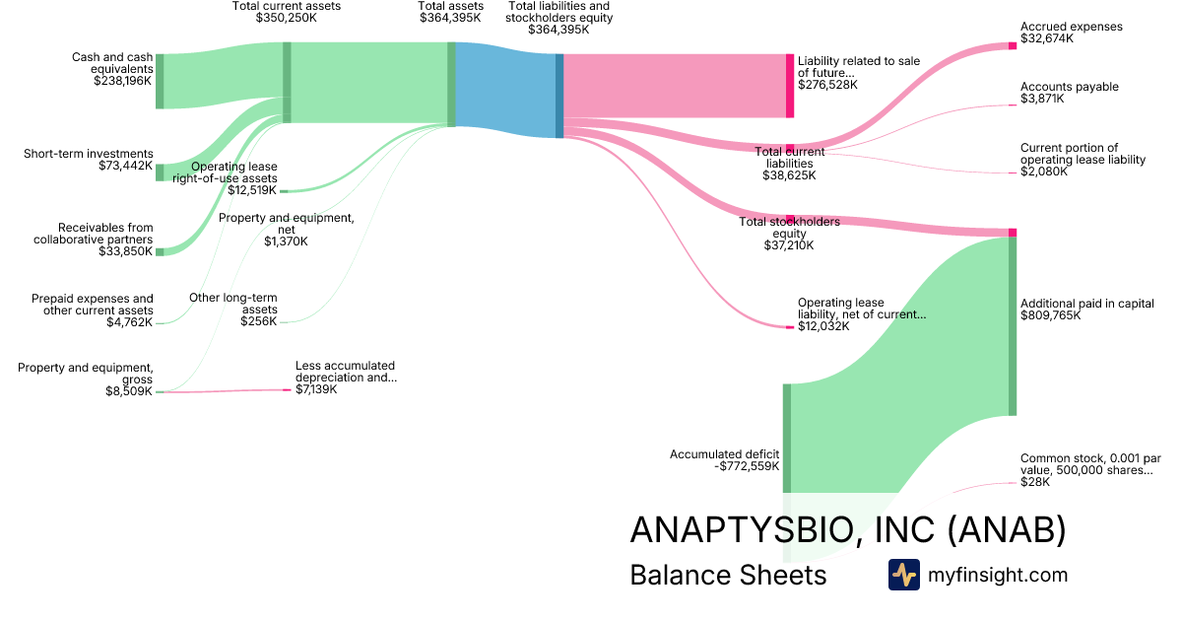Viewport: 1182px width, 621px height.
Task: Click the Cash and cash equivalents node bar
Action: pyautogui.click(x=160, y=81)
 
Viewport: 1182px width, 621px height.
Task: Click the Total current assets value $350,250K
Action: pyautogui.click(x=286, y=19)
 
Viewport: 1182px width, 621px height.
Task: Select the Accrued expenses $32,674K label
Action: pyautogui.click(x=1071, y=33)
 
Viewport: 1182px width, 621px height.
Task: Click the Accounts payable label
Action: pyautogui.click(x=1069, y=87)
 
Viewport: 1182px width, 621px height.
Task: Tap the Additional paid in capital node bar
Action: pyautogui.click(x=1012, y=325)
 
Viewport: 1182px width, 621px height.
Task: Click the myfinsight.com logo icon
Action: pyautogui.click(x=903, y=575)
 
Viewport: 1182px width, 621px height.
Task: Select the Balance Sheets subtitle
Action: pyautogui.click(x=727, y=576)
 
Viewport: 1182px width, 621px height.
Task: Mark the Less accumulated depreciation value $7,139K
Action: pyautogui.click(x=316, y=390)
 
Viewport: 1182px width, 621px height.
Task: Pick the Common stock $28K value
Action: pyautogui.click(x=1035, y=483)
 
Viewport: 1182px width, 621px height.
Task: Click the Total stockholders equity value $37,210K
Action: pyautogui.click(x=789, y=245)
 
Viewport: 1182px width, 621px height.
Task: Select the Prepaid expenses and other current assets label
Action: pyautogui.click(x=93, y=305)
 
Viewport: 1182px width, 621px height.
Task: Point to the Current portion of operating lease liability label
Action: pyautogui.click(x=1083, y=159)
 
